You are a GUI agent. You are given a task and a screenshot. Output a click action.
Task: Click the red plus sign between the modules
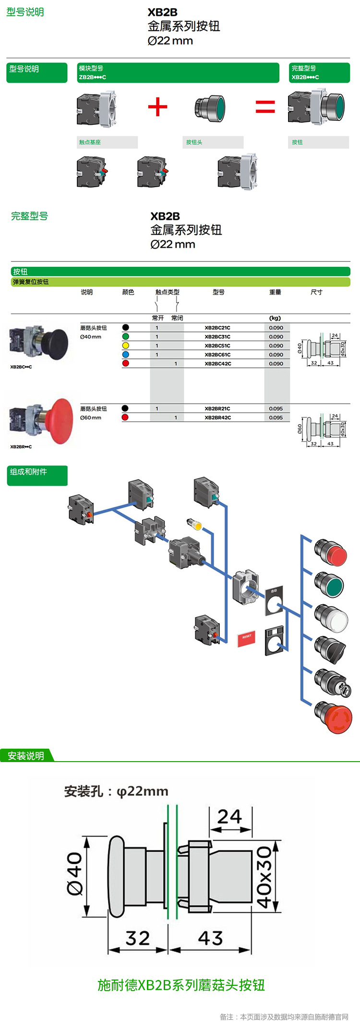click(x=157, y=107)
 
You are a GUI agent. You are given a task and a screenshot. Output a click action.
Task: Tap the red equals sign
click(x=265, y=107)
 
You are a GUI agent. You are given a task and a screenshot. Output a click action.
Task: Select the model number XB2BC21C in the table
click(x=217, y=328)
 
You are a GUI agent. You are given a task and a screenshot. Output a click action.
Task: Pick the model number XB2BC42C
click(x=217, y=364)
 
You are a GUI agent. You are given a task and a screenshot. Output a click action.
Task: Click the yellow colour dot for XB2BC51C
click(x=126, y=346)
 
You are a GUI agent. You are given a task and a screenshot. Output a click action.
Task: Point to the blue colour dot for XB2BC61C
click(x=126, y=355)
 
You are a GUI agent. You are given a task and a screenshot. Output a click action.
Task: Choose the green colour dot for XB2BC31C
click(x=126, y=336)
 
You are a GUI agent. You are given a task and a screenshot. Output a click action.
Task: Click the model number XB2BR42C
click(x=217, y=418)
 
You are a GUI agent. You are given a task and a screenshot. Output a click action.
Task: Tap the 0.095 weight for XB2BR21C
click(x=276, y=408)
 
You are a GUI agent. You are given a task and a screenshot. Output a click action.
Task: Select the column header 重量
click(x=275, y=292)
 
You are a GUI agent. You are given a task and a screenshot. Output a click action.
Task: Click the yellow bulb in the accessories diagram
click(x=195, y=525)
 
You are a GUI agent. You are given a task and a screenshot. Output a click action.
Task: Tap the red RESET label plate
click(x=246, y=638)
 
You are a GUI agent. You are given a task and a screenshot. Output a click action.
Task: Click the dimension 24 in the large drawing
click(x=229, y=817)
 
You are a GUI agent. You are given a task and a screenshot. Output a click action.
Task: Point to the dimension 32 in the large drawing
click(x=138, y=938)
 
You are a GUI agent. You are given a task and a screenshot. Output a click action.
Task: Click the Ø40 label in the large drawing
click(x=75, y=873)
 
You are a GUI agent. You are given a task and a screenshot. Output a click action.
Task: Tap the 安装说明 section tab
click(x=26, y=756)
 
